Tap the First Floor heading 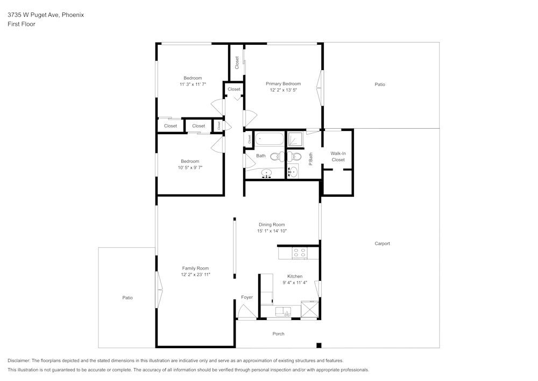[22, 24]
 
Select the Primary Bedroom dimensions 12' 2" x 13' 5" [283, 91]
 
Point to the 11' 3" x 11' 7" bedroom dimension [193, 85]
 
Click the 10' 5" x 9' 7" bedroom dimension [190, 168]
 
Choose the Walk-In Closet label [338, 157]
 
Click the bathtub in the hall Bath [268, 139]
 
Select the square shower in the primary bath [294, 139]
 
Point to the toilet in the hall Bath [275, 157]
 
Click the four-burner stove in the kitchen [299, 252]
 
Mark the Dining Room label [272, 225]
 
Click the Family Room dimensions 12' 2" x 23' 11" [195, 275]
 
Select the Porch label [278, 334]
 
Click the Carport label [382, 244]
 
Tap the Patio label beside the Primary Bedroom [380, 85]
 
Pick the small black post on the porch [318, 345]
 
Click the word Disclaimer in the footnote [19, 361]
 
